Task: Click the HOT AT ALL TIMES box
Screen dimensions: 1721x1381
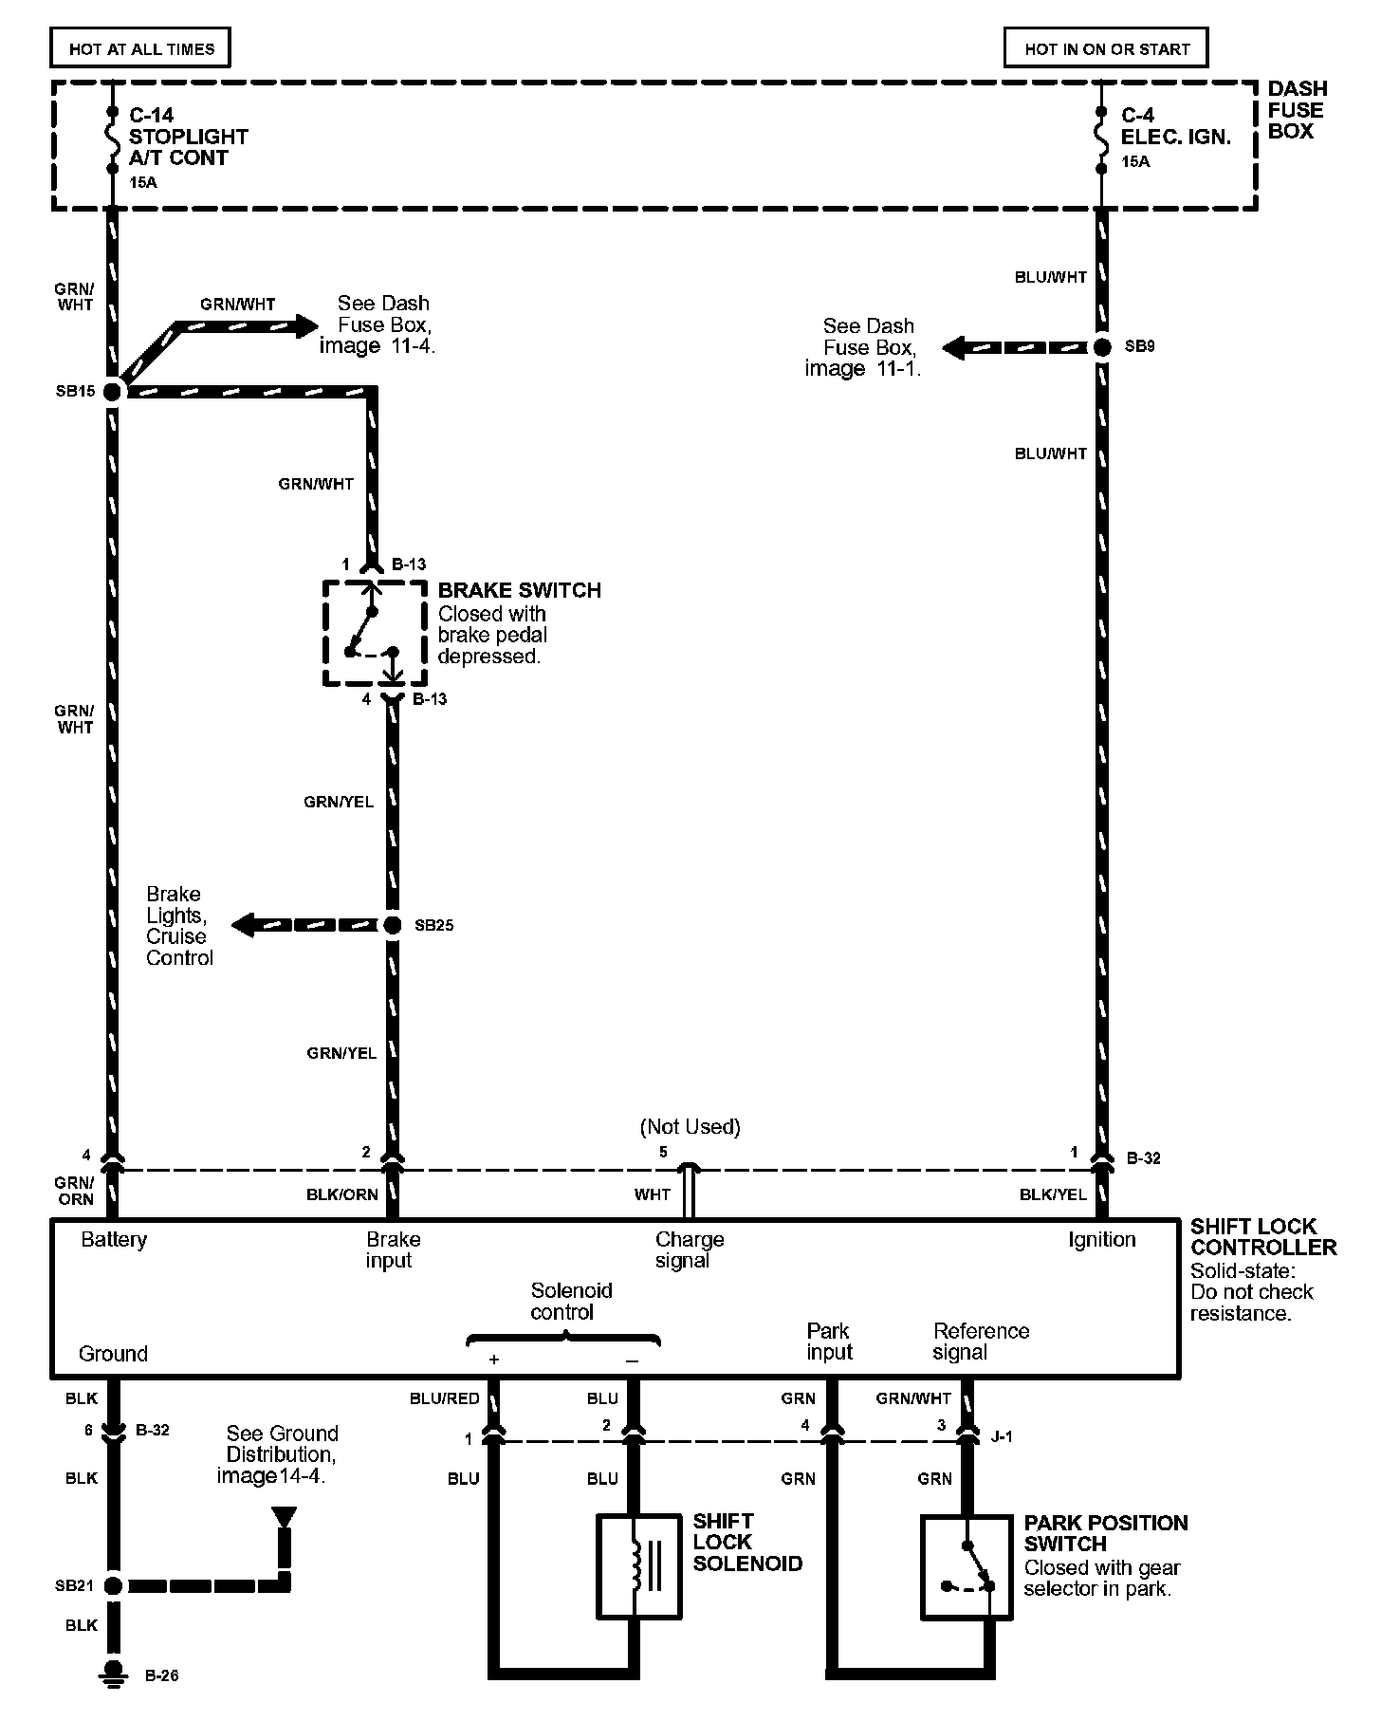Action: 140,47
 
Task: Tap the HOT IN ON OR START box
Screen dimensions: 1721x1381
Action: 1106,47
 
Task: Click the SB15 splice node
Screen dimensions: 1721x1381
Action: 114,391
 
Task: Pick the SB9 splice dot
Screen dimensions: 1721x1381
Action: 1102,347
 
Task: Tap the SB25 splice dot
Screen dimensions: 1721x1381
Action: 393,925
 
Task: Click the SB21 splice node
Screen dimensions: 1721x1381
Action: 114,1585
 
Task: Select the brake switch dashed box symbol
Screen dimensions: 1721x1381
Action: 375,633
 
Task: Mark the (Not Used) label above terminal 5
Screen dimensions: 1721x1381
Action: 690,1127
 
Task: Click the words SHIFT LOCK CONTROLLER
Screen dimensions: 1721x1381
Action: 1262,1236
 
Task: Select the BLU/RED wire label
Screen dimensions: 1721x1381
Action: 444,1398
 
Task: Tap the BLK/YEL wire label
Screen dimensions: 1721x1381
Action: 1053,1194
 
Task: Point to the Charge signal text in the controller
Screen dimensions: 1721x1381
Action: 689,1249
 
